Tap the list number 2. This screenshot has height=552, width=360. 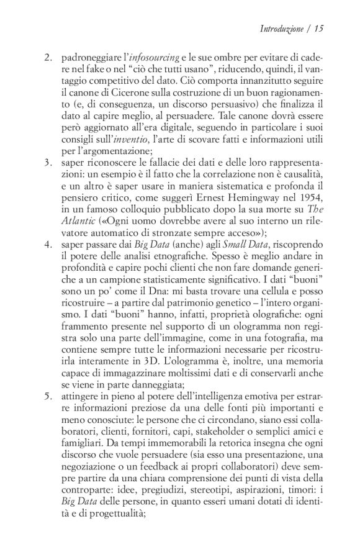tap(48, 57)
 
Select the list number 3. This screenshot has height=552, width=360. tap(48, 164)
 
